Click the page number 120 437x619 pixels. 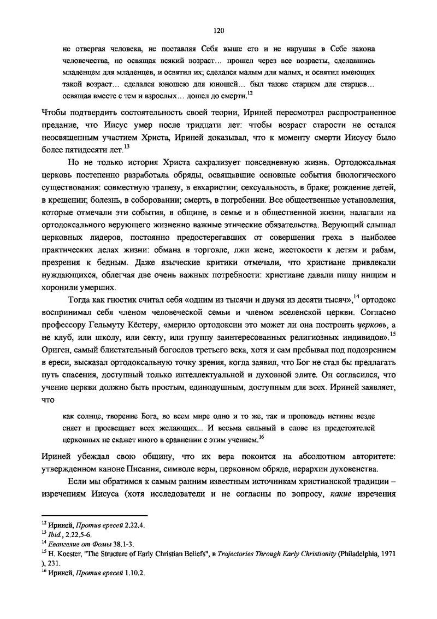point(218,31)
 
